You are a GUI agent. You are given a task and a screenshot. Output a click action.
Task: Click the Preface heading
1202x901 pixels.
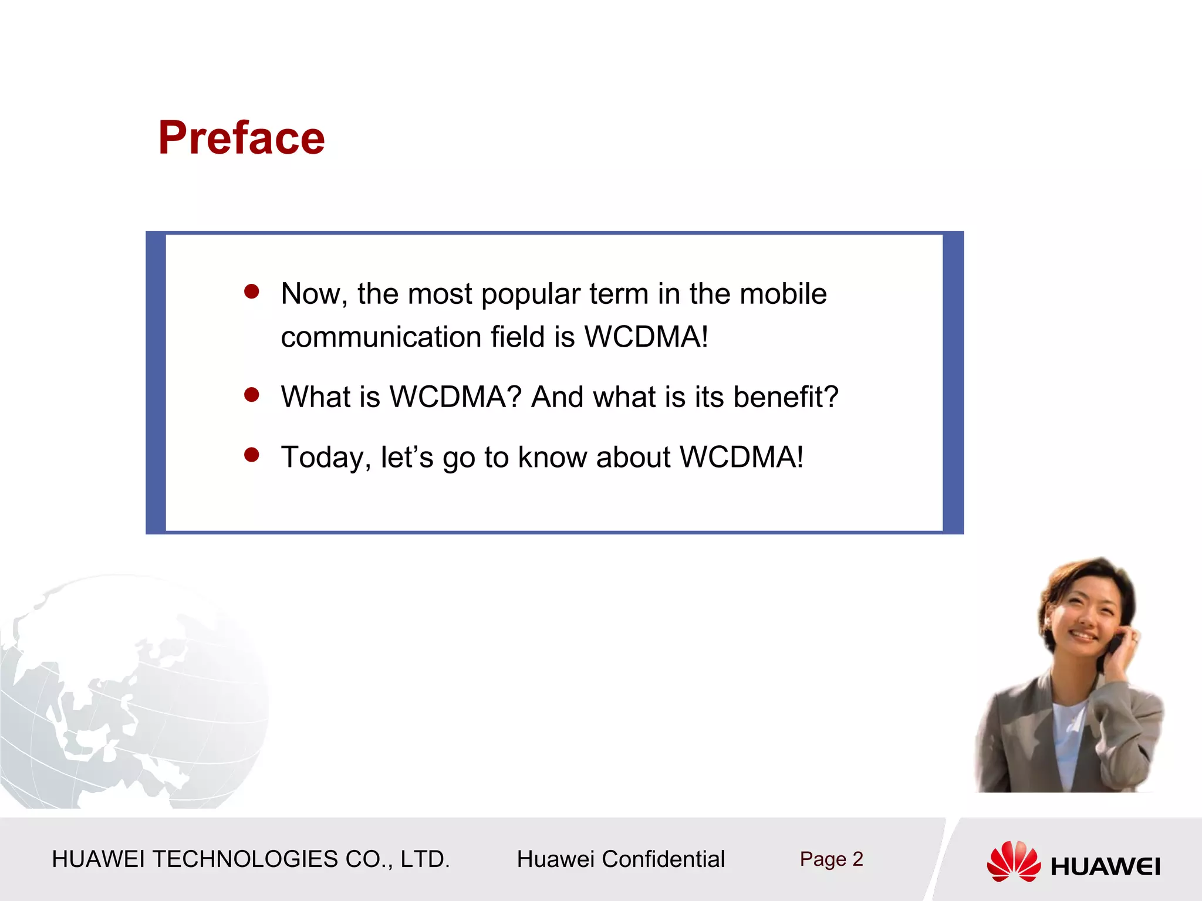coord(241,138)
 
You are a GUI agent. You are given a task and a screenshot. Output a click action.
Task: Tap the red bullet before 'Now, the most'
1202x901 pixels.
coord(252,292)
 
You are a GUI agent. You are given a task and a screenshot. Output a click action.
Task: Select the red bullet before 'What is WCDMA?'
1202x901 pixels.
coord(252,395)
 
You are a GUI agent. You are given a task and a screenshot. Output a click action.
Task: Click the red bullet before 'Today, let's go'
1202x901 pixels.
coord(252,455)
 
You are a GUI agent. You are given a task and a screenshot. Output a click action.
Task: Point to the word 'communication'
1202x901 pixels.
coord(381,337)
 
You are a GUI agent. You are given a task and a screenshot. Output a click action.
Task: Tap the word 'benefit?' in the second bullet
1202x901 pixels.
coord(786,397)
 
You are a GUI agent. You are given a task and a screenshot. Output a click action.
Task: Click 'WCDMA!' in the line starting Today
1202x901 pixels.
coord(741,457)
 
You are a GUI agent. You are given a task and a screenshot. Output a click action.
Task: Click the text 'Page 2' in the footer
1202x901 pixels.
coord(831,859)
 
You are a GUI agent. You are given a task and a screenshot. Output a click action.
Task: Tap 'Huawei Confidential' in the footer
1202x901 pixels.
coord(620,859)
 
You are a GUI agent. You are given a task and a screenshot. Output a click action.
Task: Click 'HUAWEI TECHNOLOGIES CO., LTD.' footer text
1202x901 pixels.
coord(251,859)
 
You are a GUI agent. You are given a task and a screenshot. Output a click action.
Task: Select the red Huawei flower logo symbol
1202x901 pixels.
coord(1014,861)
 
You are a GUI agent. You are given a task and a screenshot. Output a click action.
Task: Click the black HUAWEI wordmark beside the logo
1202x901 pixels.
coord(1105,866)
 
